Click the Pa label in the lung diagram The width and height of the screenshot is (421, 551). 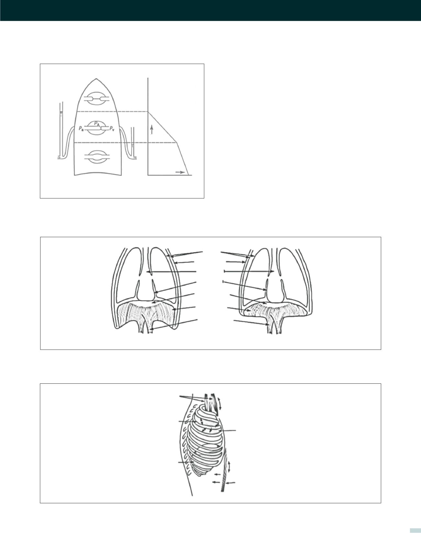tap(81, 128)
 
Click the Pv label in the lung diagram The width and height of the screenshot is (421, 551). tap(112, 128)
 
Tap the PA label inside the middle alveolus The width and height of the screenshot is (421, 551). tap(97, 124)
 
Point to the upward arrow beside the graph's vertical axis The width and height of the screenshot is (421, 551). tap(151, 130)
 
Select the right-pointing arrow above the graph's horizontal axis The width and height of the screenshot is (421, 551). tap(180, 172)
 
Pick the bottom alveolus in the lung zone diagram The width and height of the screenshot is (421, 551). tap(98, 157)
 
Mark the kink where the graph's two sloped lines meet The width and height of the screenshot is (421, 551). tap(177, 142)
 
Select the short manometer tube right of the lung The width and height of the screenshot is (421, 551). tap(132, 142)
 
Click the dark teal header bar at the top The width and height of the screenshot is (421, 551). tap(210, 10)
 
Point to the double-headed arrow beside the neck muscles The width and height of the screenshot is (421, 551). tap(220, 402)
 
